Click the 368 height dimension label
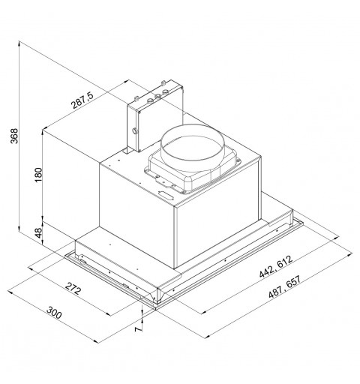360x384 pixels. (15, 136)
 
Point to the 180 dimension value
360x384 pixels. (38, 175)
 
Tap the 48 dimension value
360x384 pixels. (38, 233)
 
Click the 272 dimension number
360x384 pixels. (73, 289)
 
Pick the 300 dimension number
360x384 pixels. (54, 313)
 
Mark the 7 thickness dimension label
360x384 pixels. (138, 329)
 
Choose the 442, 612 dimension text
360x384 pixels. (276, 266)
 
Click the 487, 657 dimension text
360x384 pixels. (285, 286)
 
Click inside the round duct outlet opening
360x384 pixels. (191, 148)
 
